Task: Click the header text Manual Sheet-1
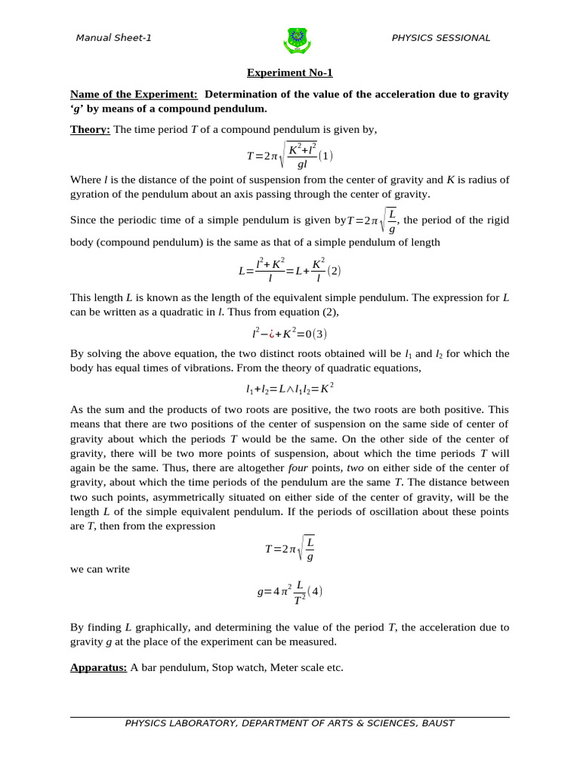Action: [x=113, y=38]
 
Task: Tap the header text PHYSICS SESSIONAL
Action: [x=440, y=38]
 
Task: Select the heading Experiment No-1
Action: [x=290, y=73]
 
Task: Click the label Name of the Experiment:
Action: [x=134, y=94]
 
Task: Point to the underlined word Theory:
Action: [x=90, y=130]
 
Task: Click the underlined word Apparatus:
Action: [x=98, y=667]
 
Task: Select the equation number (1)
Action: [x=325, y=156]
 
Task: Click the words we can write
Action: [x=100, y=569]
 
